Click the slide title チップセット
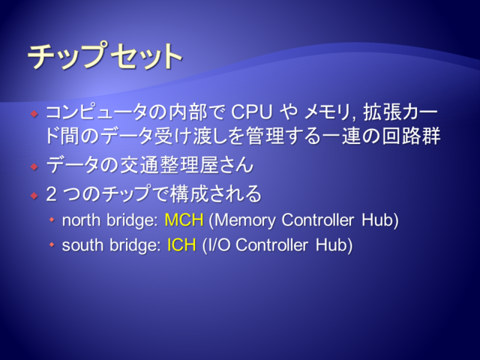coord(105,55)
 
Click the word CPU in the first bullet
coord(251,112)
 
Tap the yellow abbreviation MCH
coord(184,220)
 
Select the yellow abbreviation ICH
coord(181,245)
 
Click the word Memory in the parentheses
coord(245,220)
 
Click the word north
coord(81,220)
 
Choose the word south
coord(82,245)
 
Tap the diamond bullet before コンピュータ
coord(34,114)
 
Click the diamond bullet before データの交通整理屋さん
coord(34,166)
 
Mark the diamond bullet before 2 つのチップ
coord(34,195)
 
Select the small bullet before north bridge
coord(52,220)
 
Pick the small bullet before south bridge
coord(52,245)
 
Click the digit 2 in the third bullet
coord(52,194)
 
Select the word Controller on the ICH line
coord(271,245)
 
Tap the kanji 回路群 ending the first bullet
coord(411,136)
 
